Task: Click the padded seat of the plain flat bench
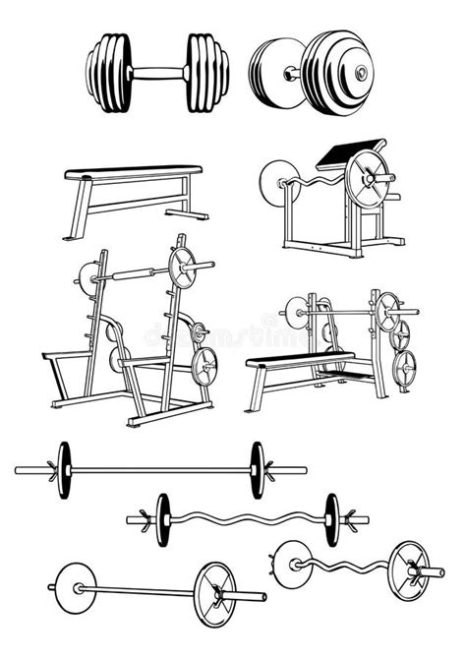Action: [133, 173]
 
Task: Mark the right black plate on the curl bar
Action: [332, 512]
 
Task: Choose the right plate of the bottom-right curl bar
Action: [405, 566]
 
